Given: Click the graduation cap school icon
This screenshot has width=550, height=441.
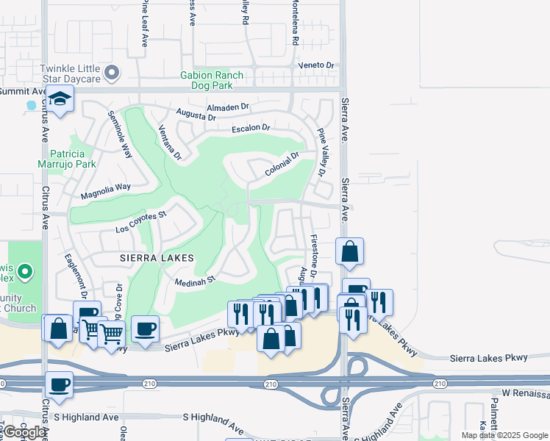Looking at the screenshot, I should pyautogui.click(x=60, y=98).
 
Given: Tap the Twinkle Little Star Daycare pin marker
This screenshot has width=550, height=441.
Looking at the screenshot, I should pyautogui.click(x=112, y=72).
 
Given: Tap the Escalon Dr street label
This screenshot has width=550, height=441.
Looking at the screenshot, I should pyautogui.click(x=251, y=128).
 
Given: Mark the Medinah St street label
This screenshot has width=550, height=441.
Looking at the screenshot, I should pyautogui.click(x=195, y=279).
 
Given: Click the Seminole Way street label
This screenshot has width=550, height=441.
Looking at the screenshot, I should pyautogui.click(x=121, y=135).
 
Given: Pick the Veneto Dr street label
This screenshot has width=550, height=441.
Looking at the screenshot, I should pyautogui.click(x=316, y=65).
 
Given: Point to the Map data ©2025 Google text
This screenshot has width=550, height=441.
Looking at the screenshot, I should pyautogui.click(x=504, y=435).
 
